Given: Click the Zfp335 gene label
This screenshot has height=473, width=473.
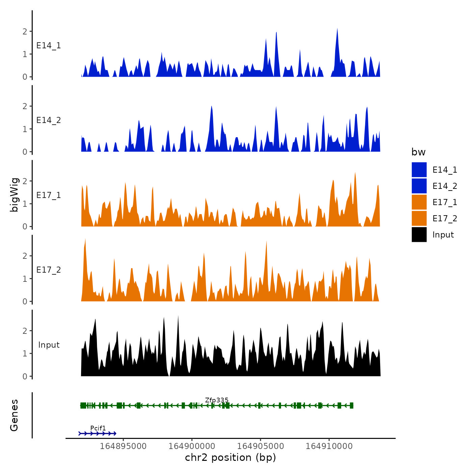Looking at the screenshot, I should [x=217, y=400].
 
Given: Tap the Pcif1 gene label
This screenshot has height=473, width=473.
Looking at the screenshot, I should [x=98, y=428].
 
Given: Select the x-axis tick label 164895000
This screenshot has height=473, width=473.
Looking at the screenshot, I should [x=123, y=446].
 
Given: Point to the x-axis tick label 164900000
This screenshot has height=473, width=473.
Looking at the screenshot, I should [x=192, y=446].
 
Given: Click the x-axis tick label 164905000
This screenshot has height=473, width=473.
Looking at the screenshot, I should [x=260, y=446].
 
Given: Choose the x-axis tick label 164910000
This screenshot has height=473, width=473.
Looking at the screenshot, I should [x=329, y=446].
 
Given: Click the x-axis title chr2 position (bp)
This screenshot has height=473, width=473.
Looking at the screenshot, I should [x=230, y=458].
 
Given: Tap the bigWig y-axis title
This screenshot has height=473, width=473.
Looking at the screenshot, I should [x=14, y=195].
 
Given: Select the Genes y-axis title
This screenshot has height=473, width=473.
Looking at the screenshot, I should [x=14, y=415].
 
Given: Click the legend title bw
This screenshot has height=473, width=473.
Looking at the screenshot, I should [x=418, y=152].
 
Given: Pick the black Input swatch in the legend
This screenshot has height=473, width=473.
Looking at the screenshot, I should [x=419, y=234].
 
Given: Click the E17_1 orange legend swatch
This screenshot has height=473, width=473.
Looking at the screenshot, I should [x=419, y=202].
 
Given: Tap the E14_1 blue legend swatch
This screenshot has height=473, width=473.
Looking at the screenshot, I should [x=419, y=170].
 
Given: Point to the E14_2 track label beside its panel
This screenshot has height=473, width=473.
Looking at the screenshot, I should [x=49, y=120].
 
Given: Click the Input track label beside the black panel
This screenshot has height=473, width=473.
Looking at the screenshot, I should [x=49, y=345].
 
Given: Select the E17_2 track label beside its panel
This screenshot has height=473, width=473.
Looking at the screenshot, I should [x=49, y=270].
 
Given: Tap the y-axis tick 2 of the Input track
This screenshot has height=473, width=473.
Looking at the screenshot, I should [x=25, y=331].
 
